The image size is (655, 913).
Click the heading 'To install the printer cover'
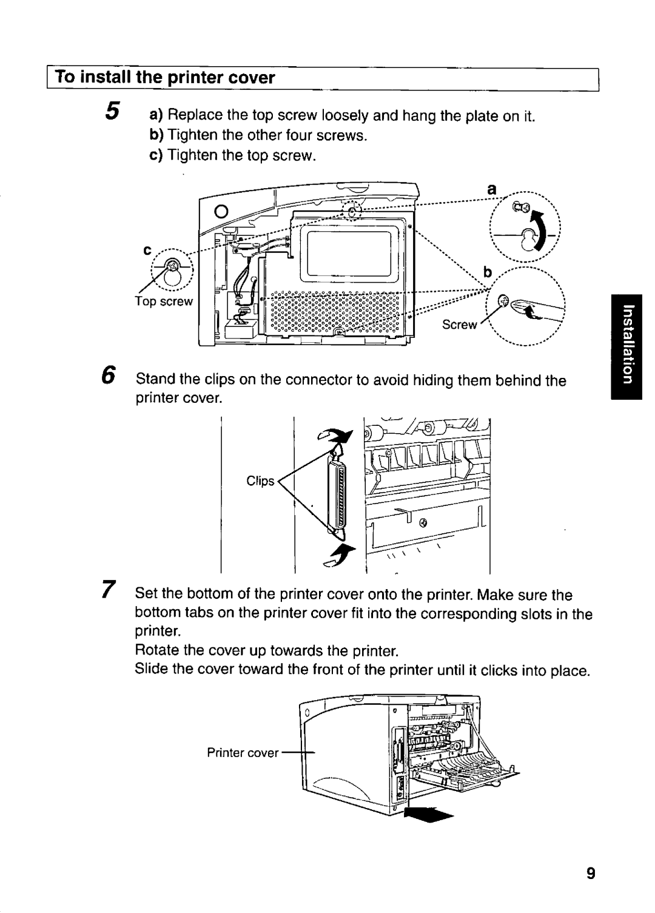coord(166,78)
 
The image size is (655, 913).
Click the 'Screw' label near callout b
coord(459,325)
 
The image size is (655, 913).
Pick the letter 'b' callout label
coord(486,270)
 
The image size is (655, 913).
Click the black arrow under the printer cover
coord(430,814)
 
